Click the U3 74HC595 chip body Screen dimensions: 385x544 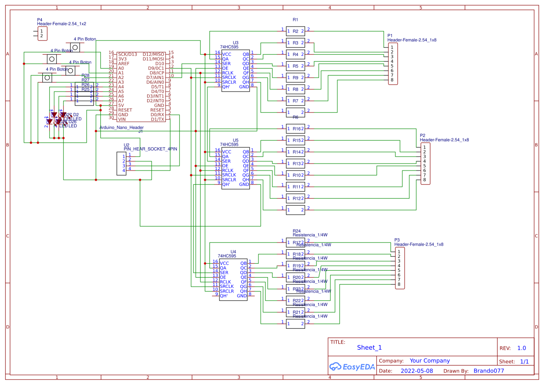[235, 71]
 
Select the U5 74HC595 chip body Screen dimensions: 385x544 [235, 168]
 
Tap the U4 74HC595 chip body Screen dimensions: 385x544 [233, 280]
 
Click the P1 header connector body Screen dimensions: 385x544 [393, 64]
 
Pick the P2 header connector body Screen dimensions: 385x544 [425, 163]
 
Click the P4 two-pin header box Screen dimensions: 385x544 [41, 33]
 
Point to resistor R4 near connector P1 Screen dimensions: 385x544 [295, 54]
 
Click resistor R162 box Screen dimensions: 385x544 [295, 129]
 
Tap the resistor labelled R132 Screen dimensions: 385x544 [295, 163]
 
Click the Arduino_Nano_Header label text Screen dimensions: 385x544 [122, 127]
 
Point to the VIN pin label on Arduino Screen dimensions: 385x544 [122, 119]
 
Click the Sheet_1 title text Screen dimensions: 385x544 [369, 347]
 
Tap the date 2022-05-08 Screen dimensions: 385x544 [416, 371]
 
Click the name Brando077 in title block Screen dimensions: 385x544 [488, 371]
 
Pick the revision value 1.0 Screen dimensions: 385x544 [521, 348]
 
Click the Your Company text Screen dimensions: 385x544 [429, 360]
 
